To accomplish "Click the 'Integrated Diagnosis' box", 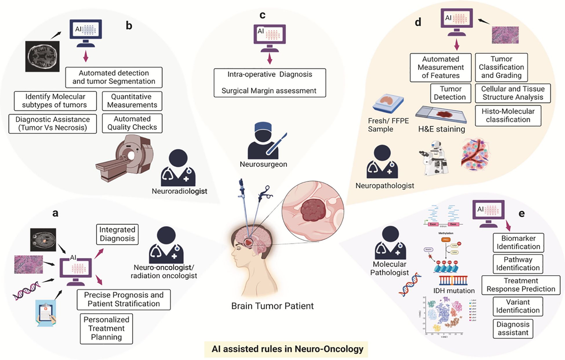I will click(117, 234).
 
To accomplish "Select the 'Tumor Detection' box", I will click(449, 93).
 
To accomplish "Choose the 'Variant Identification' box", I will click(517, 305).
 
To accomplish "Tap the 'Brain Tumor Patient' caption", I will click(272, 306).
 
